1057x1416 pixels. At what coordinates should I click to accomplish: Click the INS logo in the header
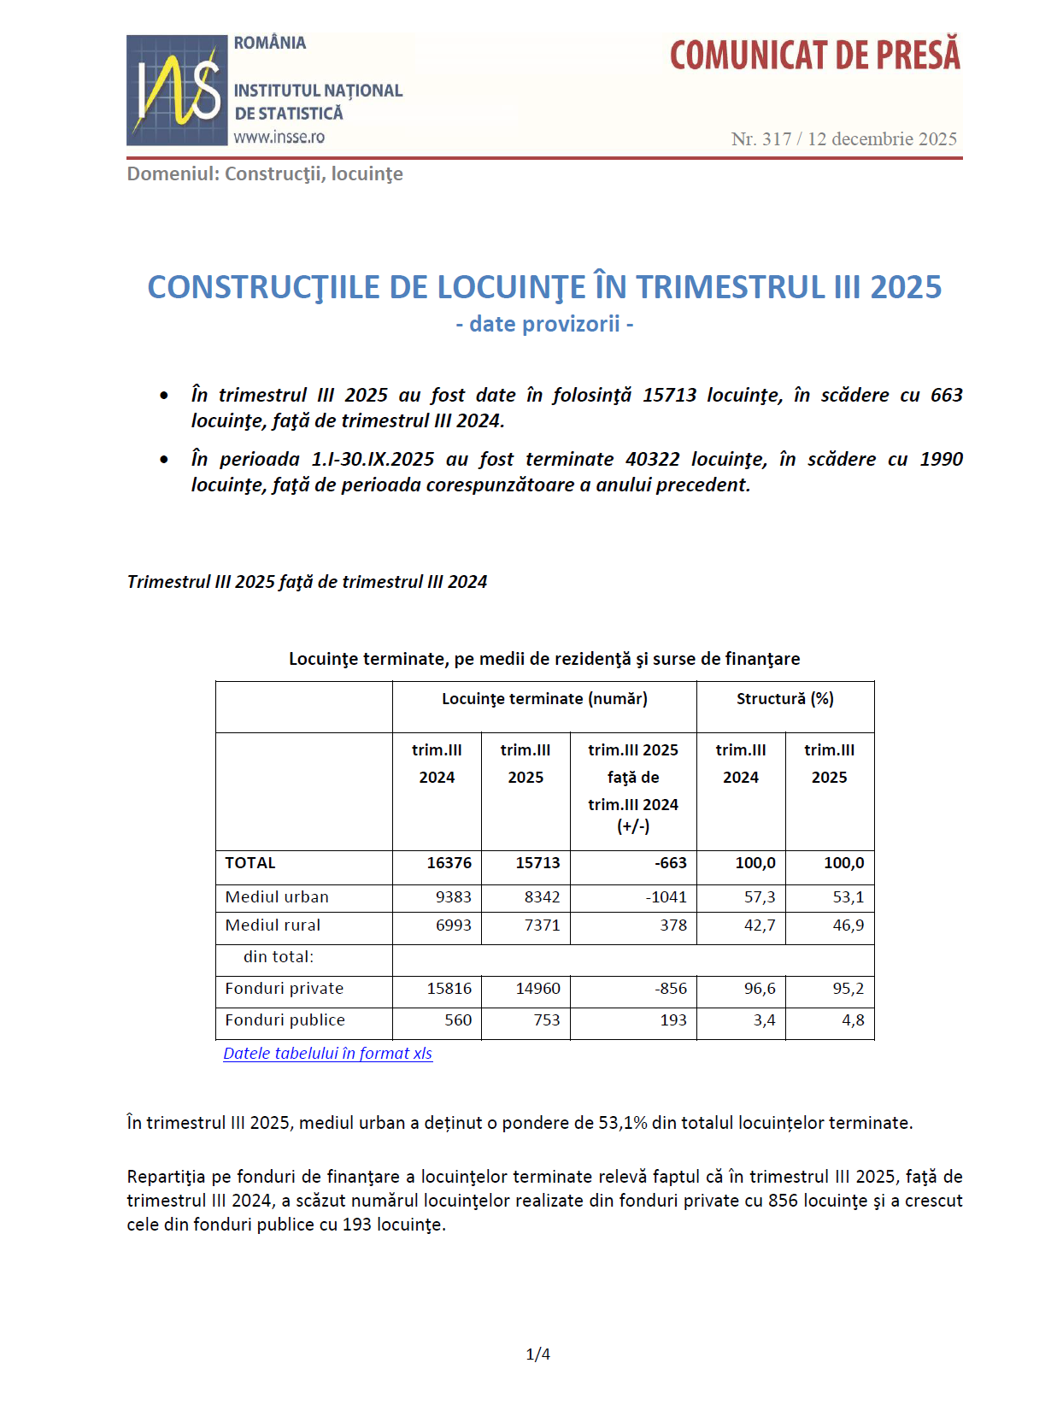pos(177,90)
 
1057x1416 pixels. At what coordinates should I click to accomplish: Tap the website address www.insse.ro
pos(279,137)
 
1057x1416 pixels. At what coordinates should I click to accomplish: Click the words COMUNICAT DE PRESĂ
pos(814,56)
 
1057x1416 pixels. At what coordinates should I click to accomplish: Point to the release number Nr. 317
pos(761,139)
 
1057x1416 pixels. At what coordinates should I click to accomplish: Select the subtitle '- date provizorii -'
pos(544,324)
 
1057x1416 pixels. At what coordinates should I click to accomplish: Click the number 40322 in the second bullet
pos(652,459)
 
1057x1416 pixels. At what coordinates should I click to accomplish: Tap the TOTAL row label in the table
pos(250,863)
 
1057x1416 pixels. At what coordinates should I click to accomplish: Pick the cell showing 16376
pos(449,863)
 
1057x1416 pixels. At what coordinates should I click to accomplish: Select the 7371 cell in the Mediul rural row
pos(542,925)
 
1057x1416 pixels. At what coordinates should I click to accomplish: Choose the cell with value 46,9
pos(848,925)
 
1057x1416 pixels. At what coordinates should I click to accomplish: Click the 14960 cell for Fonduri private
pos(537,989)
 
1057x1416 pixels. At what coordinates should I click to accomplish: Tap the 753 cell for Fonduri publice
pos(547,1020)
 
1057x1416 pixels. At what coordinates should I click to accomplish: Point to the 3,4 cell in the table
pos(764,1020)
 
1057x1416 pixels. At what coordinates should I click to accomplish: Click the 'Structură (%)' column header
pos(784,699)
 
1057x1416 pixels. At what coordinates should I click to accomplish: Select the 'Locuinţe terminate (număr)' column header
pos(544,699)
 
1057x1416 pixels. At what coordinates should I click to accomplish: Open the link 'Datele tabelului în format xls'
pos(327,1054)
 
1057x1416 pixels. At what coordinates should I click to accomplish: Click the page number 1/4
pos(537,1354)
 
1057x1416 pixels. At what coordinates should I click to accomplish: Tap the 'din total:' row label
pos(279,957)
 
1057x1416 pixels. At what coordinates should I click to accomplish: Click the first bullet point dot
pos(164,396)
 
